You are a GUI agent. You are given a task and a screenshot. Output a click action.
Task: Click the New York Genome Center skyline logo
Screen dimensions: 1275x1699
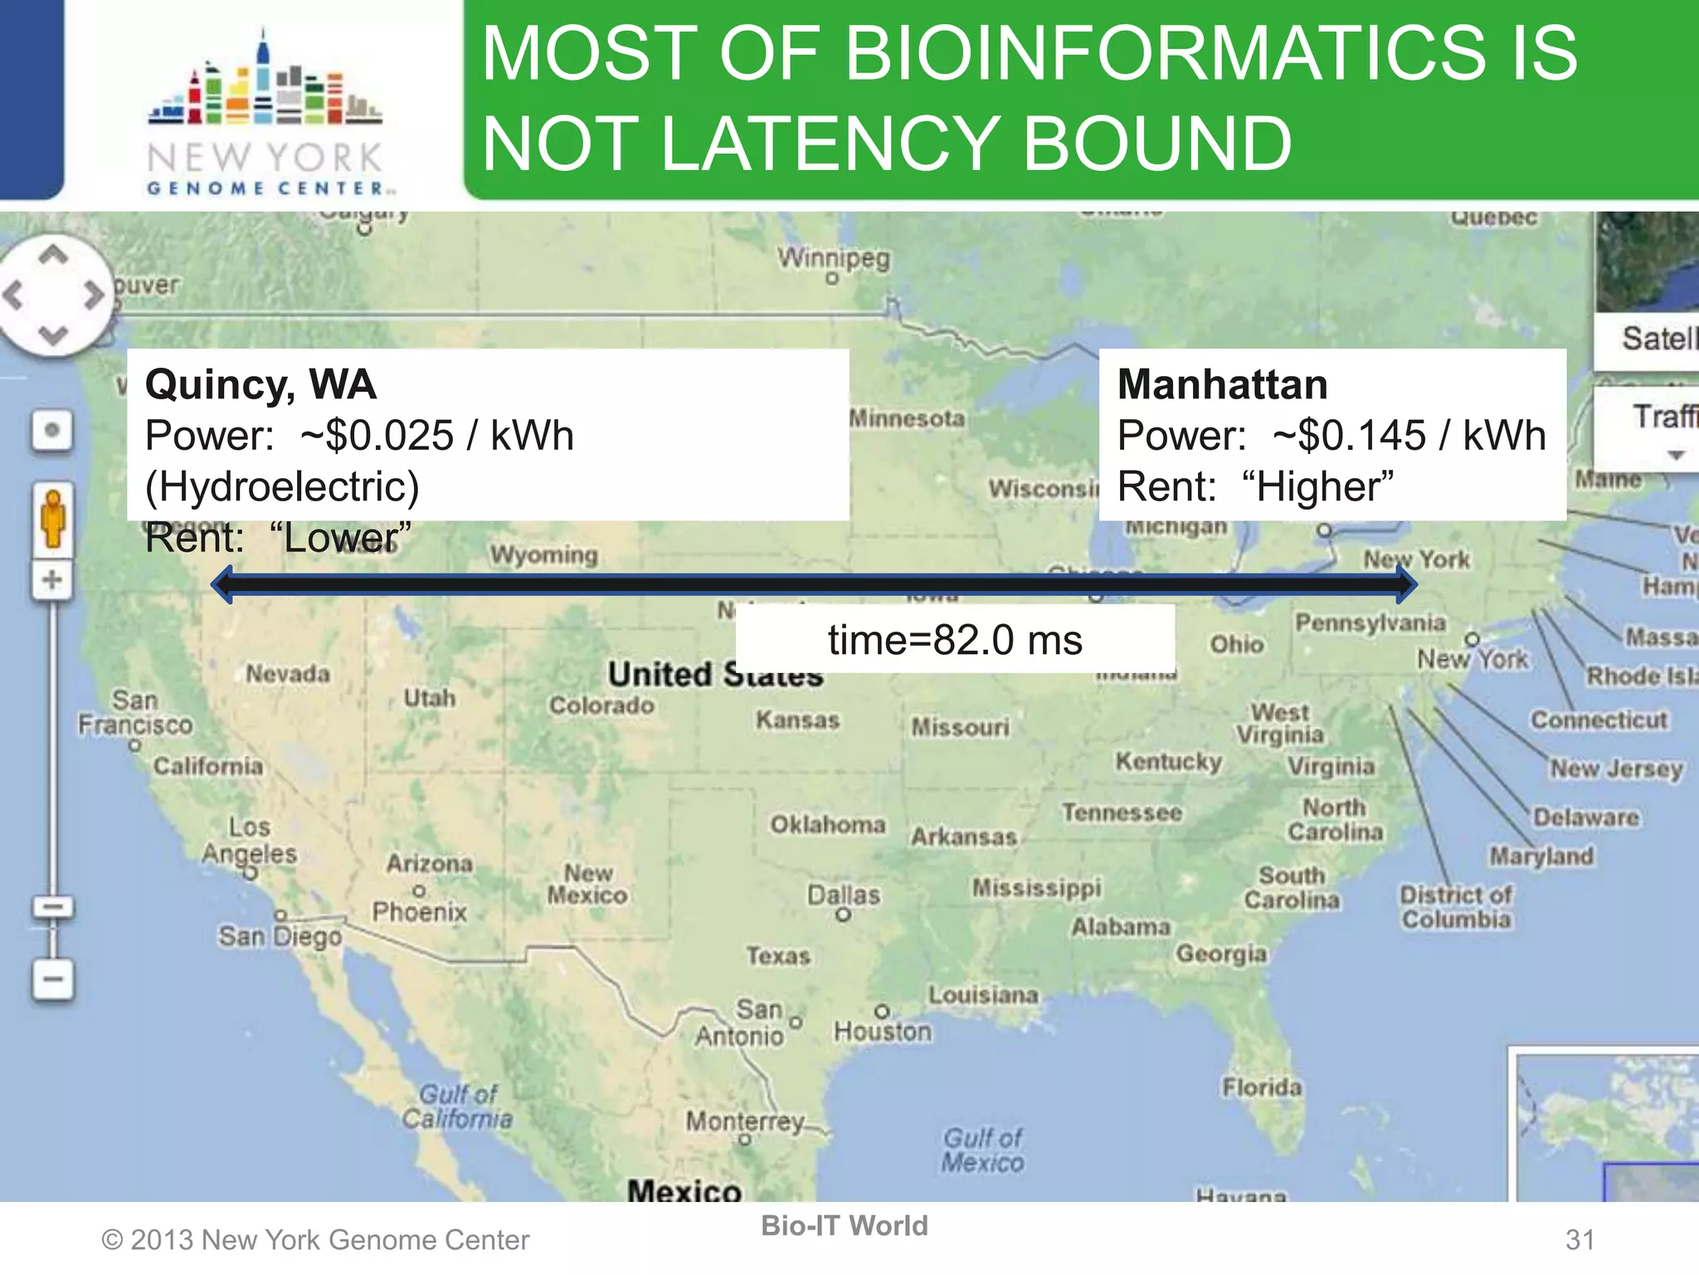tap(265, 83)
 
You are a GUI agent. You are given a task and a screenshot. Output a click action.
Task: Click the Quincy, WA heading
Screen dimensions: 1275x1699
tap(260, 384)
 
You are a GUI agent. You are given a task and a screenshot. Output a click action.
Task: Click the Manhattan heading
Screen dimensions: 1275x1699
tap(1222, 384)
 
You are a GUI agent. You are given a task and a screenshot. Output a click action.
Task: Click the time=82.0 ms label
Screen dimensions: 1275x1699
tap(955, 640)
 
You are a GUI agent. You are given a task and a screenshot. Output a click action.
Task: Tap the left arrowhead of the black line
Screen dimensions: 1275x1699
tap(222, 584)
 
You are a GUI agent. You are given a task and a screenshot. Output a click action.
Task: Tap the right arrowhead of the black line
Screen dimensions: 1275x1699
tap(1405, 584)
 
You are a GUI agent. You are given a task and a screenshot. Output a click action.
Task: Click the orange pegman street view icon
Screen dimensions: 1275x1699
tap(53, 519)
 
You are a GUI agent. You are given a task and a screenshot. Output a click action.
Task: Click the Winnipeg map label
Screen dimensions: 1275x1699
tap(833, 258)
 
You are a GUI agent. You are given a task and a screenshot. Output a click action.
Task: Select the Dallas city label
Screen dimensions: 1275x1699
tap(844, 895)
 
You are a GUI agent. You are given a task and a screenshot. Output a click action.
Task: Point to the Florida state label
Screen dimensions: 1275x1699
tap(1261, 1087)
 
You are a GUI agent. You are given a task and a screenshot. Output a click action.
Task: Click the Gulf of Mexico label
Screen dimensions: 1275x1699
tap(982, 1150)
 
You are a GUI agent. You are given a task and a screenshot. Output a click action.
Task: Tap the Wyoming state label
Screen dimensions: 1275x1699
tap(543, 554)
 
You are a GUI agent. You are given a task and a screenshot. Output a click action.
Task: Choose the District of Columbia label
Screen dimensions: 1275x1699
tap(1456, 906)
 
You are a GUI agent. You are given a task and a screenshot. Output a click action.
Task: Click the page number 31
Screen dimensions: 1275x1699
tap(1580, 1239)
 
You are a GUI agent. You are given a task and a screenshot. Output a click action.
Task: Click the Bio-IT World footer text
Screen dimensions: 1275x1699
tap(845, 1225)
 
